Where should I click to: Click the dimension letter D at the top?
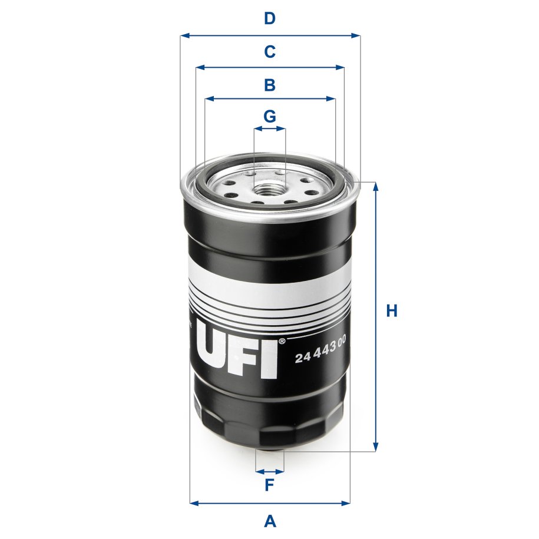(x=269, y=19)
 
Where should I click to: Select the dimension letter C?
(x=269, y=52)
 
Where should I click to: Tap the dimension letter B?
(x=269, y=85)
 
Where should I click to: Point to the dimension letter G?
(x=269, y=116)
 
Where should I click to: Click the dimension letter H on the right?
(x=392, y=311)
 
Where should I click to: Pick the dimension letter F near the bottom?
(x=269, y=485)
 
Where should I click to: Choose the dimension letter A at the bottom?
(x=269, y=521)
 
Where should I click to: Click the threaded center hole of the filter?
(x=269, y=191)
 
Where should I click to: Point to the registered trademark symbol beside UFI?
(x=282, y=341)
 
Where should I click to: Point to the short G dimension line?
(x=269, y=128)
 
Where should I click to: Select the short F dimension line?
(x=270, y=471)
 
